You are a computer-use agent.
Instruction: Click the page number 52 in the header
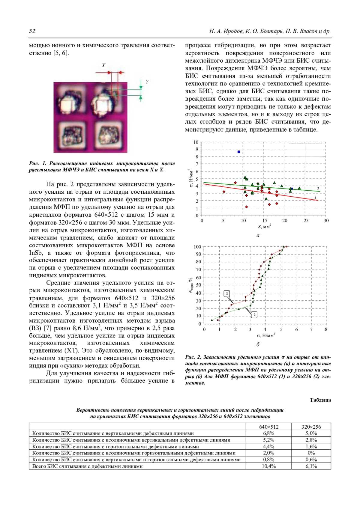[x=32, y=31]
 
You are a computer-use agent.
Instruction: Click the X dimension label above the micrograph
[x=103, y=65]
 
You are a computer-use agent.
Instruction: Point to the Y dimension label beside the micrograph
[x=147, y=82]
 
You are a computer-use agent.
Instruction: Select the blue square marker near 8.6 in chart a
[x=239, y=152]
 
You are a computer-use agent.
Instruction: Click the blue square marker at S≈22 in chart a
[x=292, y=189]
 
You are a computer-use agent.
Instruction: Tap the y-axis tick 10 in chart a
[x=196, y=142]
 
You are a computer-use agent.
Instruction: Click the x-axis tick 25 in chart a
[x=305, y=221]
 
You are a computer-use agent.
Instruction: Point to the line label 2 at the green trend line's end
[x=318, y=189]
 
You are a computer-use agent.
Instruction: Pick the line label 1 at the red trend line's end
[x=316, y=197]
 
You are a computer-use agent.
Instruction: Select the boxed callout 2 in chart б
[x=254, y=315]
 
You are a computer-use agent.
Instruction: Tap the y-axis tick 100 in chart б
[x=197, y=247]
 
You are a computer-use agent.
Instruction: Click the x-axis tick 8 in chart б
[x=326, y=329]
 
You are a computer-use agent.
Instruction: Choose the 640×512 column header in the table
[x=268, y=427]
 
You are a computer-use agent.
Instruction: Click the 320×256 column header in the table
[x=311, y=427]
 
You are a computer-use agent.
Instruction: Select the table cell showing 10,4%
[x=268, y=466]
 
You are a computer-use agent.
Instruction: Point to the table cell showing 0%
[x=311, y=453]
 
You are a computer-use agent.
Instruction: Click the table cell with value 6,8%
[x=268, y=433]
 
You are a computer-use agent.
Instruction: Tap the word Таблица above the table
[x=320, y=400]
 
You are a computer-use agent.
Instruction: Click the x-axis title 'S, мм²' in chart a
[x=264, y=227]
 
